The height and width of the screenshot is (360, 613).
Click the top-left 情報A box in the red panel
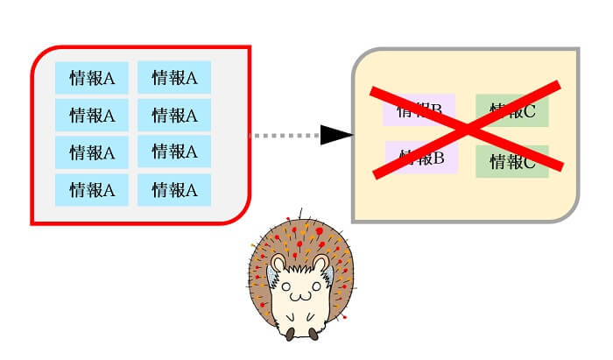[x=92, y=77]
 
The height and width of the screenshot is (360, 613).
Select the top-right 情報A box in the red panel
[x=174, y=77]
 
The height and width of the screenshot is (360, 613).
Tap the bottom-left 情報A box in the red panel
[x=92, y=189]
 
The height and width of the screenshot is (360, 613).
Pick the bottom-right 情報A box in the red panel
[x=174, y=189]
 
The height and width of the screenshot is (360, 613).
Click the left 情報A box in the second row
[x=92, y=115]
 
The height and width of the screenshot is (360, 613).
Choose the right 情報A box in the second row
[x=174, y=115]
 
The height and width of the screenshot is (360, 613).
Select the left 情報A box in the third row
[x=92, y=152]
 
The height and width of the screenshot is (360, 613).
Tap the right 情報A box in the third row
[x=174, y=152]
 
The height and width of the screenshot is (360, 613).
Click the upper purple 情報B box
[x=418, y=109]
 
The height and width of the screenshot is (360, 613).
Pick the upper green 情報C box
[x=512, y=110]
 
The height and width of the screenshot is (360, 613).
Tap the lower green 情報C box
[x=512, y=161]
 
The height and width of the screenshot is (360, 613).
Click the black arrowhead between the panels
[x=335, y=135]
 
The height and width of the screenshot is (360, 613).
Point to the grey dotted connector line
[x=285, y=136]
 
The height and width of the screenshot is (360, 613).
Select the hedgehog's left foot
[x=288, y=334]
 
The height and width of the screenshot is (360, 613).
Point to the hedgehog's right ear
[x=321, y=264]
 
